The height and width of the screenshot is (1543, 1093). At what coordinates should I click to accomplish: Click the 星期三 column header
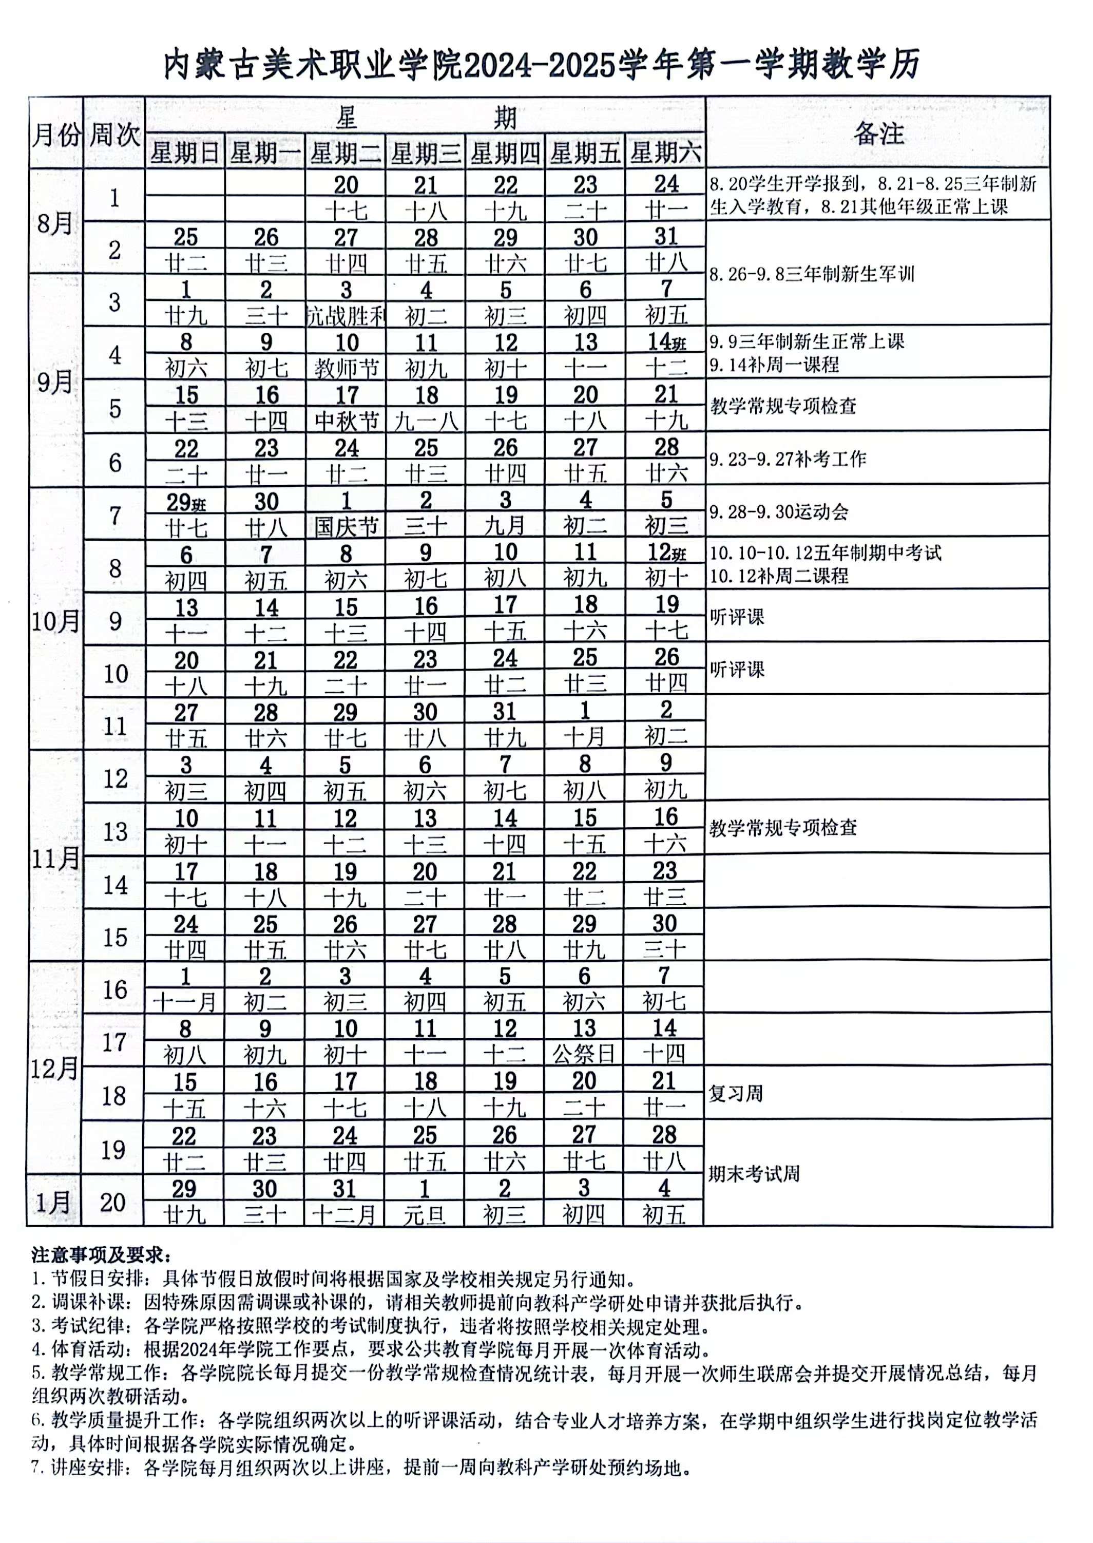click(x=426, y=154)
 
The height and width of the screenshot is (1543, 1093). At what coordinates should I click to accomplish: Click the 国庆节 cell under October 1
click(x=346, y=526)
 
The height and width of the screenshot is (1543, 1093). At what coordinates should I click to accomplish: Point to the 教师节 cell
click(x=347, y=368)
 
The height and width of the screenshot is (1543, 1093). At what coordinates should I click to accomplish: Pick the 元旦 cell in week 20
click(x=425, y=1214)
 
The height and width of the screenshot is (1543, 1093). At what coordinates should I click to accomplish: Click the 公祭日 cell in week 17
click(x=584, y=1054)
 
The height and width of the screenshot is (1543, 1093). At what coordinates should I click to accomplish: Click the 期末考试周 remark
click(x=754, y=1175)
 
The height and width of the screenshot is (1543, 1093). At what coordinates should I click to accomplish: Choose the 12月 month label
click(x=54, y=1069)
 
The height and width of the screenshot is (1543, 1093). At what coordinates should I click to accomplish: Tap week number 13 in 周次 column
click(x=114, y=831)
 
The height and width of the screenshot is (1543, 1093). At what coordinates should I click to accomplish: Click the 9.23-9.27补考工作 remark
click(x=788, y=459)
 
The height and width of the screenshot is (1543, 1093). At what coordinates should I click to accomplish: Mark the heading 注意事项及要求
click(x=101, y=1255)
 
